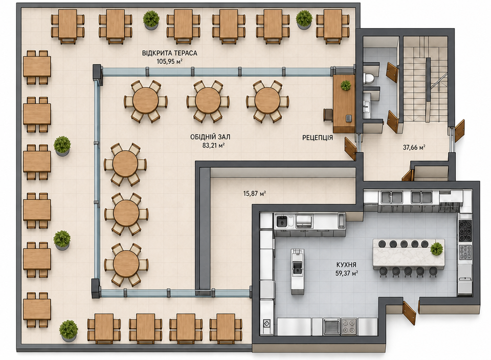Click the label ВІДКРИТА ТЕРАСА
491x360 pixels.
[170, 53]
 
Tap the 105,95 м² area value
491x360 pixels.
[170, 61]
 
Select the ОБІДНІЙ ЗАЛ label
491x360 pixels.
[210, 137]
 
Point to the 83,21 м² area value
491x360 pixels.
[213, 145]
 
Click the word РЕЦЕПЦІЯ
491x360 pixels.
[317, 138]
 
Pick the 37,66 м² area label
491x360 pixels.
[414, 147]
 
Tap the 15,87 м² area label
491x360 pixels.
[255, 193]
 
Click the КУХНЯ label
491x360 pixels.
[346, 265]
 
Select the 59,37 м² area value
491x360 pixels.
[347, 273]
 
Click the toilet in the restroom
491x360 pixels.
[369, 78]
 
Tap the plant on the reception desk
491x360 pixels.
[346, 85]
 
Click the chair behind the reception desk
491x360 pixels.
[328, 115]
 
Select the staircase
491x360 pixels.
[425, 79]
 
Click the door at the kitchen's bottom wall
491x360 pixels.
[409, 313]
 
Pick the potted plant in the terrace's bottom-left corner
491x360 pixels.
[68, 330]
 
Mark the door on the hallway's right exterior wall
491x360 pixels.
[459, 130]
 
